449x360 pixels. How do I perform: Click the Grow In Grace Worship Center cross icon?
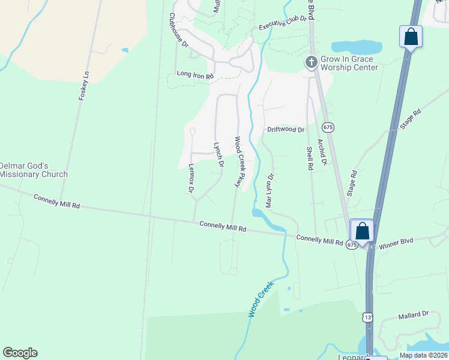click(311, 62)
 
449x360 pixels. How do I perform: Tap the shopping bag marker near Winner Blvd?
click(362, 230)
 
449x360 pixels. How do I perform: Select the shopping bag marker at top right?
click(411, 37)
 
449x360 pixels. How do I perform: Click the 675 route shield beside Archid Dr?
click(328, 127)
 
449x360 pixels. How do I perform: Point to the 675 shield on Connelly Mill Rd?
click(352, 245)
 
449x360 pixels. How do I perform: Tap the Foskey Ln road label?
click(83, 86)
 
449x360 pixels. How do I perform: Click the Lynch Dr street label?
click(219, 154)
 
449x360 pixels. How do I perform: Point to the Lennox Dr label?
click(191, 179)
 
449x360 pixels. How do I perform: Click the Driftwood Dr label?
click(286, 130)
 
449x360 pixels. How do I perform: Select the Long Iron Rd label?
click(195, 76)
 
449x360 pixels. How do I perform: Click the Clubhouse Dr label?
click(179, 31)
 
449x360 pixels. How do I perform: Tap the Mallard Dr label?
click(414, 314)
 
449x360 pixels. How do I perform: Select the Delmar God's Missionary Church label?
click(33, 170)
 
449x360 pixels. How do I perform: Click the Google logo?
click(20, 353)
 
